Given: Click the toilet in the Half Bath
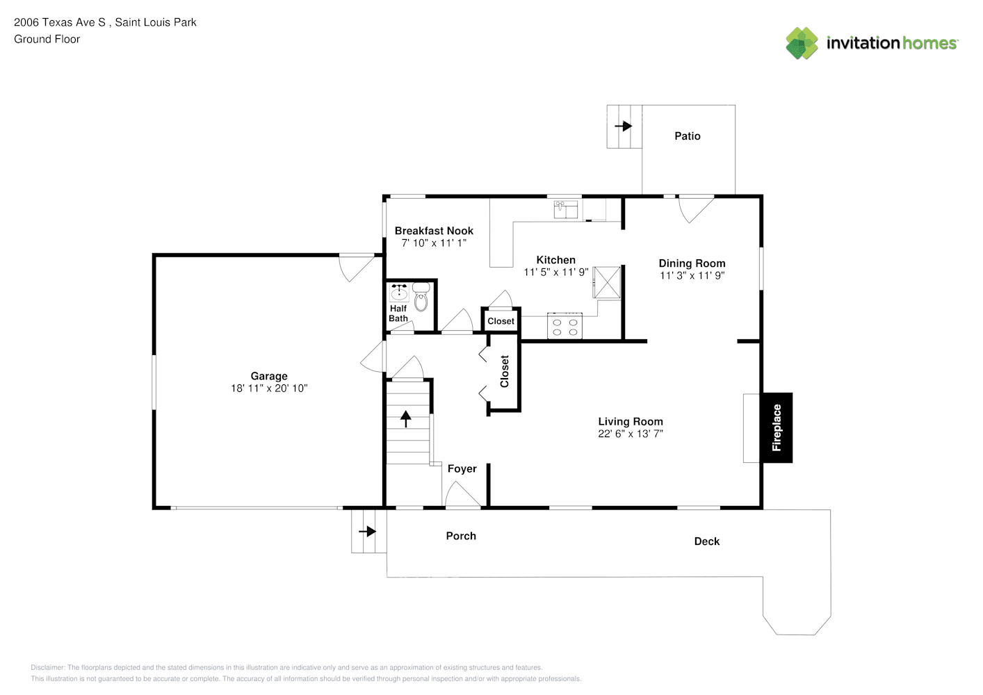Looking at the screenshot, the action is point(421,297).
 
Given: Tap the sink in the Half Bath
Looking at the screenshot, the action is point(399,292).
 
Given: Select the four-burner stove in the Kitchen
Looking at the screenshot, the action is point(564,326).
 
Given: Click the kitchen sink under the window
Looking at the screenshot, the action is point(566,210).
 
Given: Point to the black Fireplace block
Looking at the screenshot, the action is point(777,428).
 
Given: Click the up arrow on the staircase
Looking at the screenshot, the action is point(405,419).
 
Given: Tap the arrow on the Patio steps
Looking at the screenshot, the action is point(623,126).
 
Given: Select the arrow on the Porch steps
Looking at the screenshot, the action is point(368,532).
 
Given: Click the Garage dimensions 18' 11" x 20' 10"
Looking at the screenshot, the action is point(270,389).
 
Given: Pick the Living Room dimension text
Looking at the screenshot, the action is point(631,434).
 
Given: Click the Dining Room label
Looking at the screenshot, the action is point(692,263).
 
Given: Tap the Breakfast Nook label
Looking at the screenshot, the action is point(434,231).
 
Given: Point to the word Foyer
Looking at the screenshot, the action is point(462,469).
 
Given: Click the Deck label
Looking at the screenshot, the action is point(707,541).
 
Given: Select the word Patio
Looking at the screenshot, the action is point(688,136).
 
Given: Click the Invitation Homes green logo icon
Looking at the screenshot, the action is point(802,43).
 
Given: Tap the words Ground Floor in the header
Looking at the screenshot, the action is point(47,39).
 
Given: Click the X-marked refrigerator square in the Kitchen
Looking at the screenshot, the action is point(607,282).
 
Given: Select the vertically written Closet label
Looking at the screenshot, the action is point(505,371).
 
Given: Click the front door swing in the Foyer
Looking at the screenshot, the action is point(463,494).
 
